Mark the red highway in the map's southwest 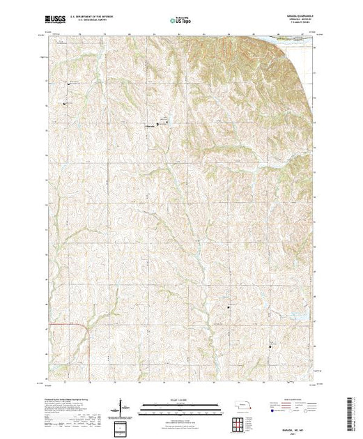89,341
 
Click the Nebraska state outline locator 242,405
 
